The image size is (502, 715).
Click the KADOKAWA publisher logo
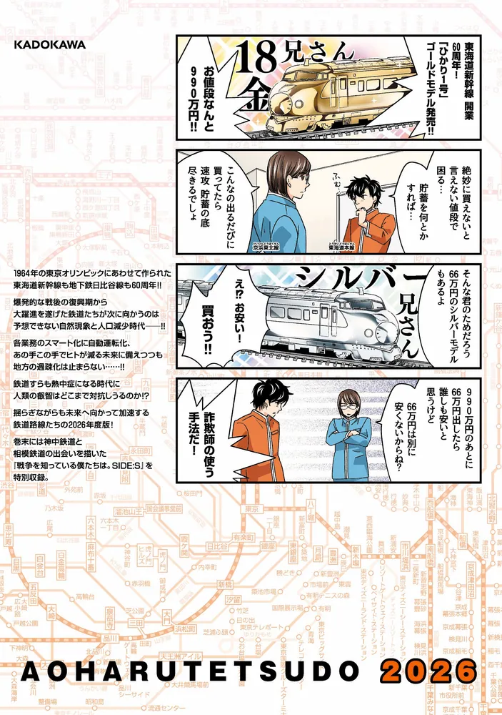pyautogui.click(x=49, y=44)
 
